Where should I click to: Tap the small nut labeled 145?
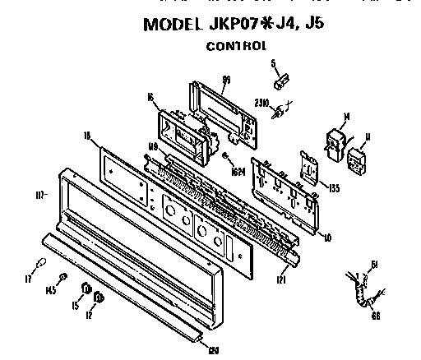click(62, 278)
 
